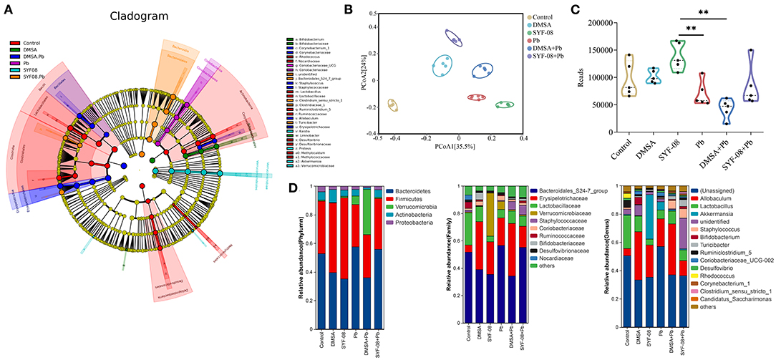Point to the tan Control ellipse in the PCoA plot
(x=392, y=105)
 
